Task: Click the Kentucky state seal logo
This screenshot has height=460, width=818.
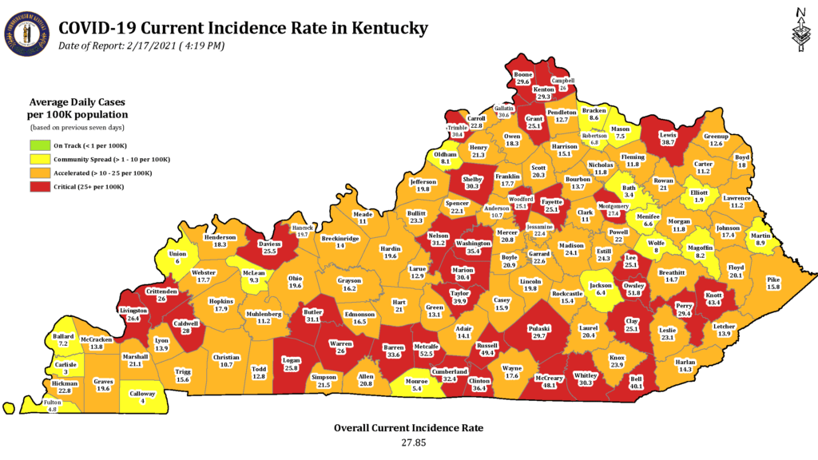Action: click(x=27, y=34)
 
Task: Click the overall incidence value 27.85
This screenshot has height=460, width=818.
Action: click(x=408, y=442)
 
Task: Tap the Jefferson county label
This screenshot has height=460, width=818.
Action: click(x=423, y=182)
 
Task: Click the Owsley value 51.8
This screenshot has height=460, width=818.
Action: click(x=634, y=293)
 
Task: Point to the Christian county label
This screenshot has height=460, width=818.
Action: click(x=227, y=357)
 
